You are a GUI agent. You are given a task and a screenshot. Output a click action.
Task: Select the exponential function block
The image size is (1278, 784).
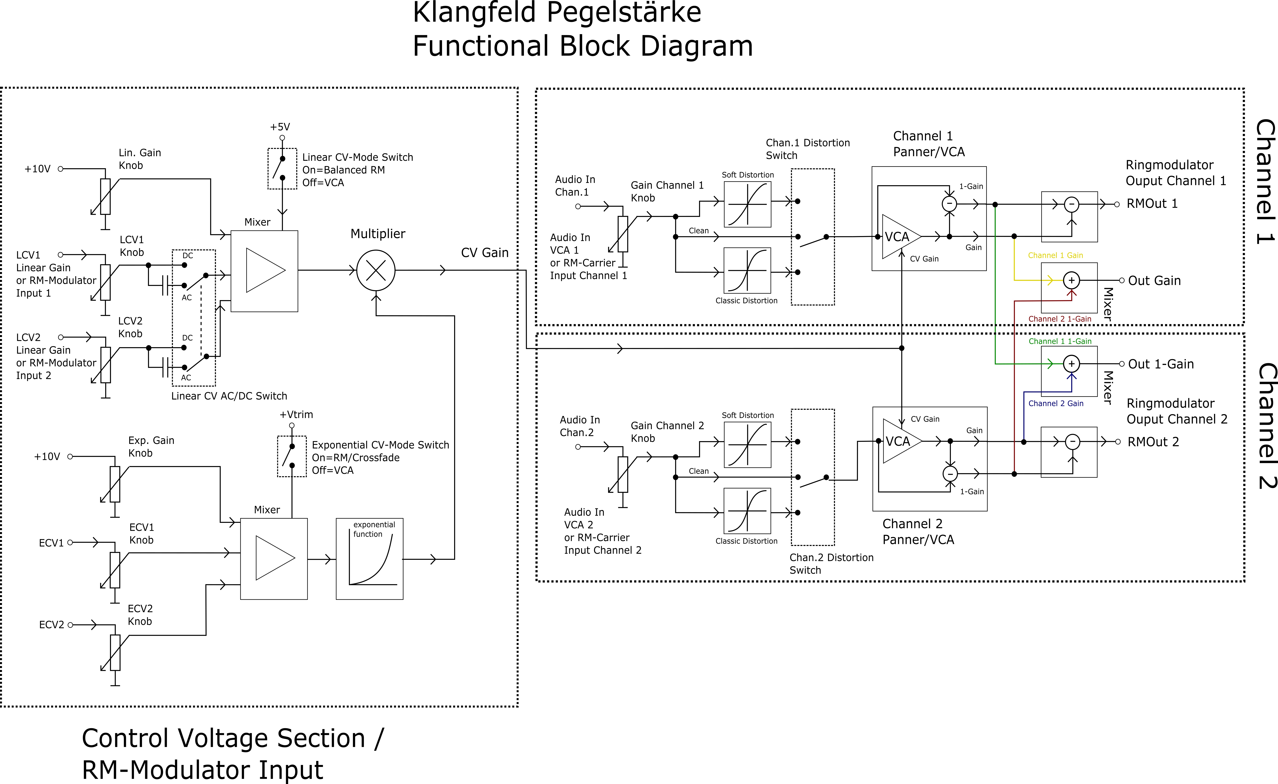(x=369, y=559)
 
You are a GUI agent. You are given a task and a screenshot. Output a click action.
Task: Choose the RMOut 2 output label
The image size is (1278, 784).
(x=1153, y=442)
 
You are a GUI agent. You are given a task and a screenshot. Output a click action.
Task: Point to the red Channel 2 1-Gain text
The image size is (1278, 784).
(x=1060, y=319)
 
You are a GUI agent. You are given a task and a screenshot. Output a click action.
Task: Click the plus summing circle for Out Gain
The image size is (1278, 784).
(x=1071, y=280)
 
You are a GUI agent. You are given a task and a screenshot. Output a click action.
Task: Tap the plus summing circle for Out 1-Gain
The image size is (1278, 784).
(x=1071, y=364)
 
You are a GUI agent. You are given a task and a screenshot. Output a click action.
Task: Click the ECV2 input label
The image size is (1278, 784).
(x=51, y=625)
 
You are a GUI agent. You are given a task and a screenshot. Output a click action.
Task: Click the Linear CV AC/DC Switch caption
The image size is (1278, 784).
(x=229, y=396)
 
